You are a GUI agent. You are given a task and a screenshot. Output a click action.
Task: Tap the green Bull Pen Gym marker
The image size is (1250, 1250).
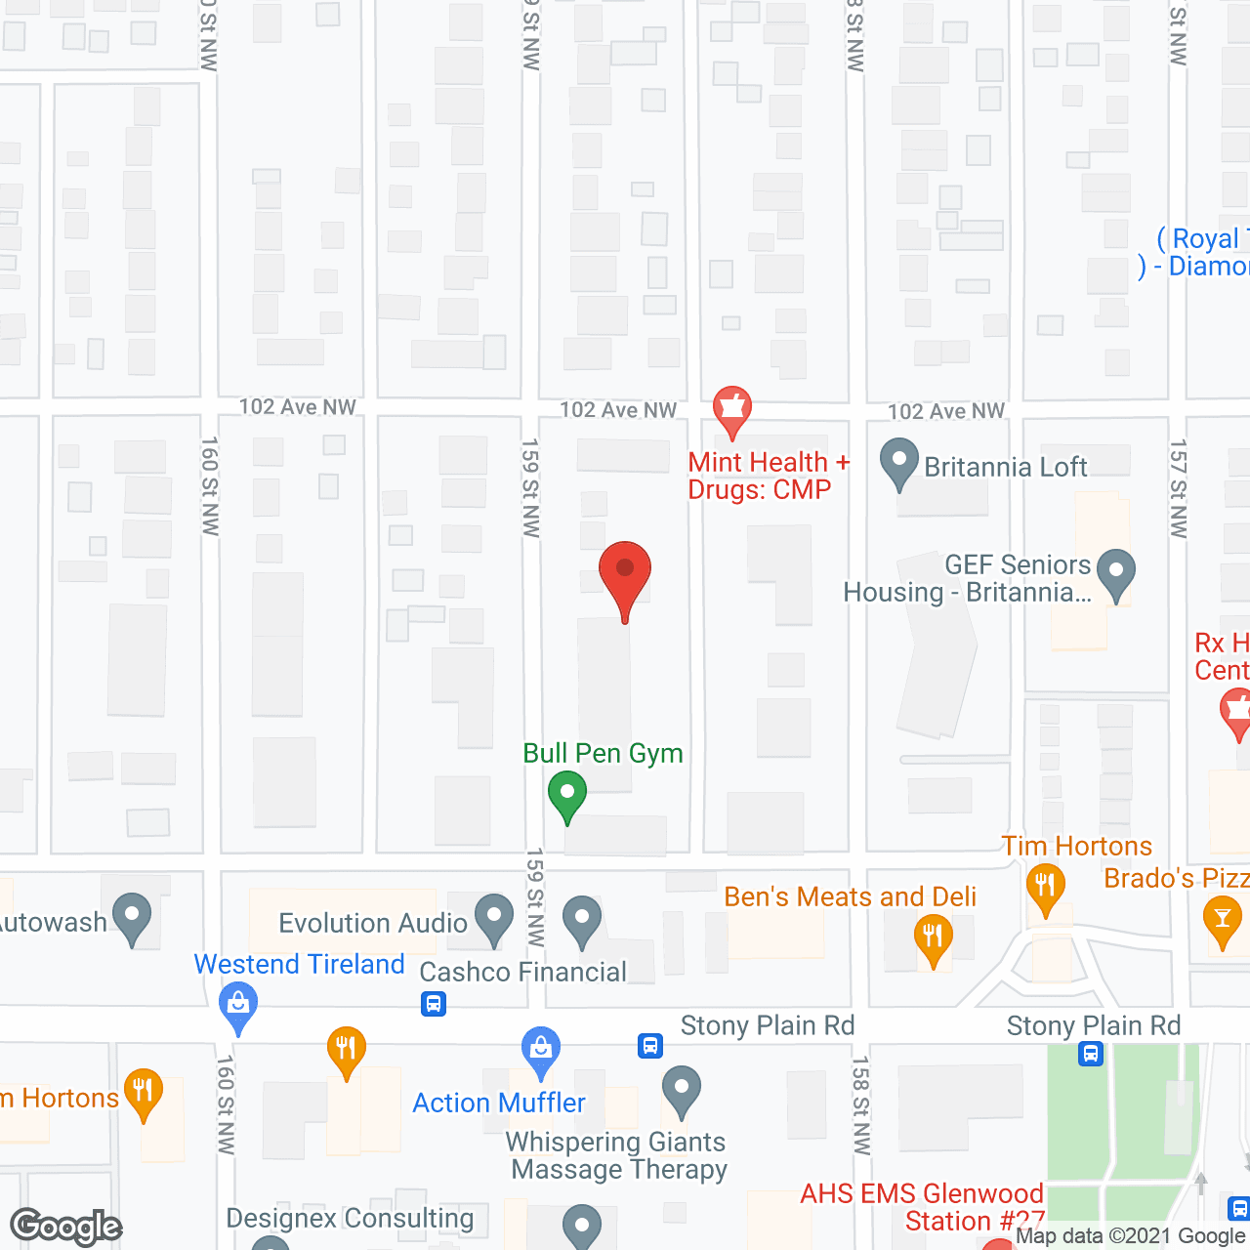click(566, 794)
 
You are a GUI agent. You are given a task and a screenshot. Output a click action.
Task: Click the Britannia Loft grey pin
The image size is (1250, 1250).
click(898, 463)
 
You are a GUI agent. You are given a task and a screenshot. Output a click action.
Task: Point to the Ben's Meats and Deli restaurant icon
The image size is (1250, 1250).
click(933, 938)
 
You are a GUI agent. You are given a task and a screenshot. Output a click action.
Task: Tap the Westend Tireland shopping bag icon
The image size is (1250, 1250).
click(238, 1005)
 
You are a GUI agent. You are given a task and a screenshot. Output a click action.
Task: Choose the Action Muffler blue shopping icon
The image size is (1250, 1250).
click(540, 1051)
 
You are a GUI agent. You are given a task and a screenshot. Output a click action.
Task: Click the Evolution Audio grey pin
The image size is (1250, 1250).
click(494, 919)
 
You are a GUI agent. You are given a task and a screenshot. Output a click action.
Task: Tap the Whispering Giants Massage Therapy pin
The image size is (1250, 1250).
click(682, 1090)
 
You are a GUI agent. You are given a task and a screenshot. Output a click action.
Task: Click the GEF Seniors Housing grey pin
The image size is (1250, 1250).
click(1116, 573)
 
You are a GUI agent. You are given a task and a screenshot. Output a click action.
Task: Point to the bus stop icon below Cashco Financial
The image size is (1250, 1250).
click(434, 1004)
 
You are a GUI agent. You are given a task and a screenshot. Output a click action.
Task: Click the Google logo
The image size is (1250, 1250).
click(66, 1227)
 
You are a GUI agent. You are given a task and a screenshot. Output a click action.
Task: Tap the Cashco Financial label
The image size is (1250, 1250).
click(522, 972)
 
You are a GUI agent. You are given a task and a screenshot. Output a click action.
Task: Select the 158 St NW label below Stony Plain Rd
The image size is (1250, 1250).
click(860, 1104)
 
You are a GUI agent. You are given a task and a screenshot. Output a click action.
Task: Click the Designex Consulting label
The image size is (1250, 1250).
click(350, 1219)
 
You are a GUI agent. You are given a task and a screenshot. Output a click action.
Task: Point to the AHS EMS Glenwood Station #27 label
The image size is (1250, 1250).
click(921, 1207)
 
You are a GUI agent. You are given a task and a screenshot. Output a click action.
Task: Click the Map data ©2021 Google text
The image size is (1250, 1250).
click(1131, 1236)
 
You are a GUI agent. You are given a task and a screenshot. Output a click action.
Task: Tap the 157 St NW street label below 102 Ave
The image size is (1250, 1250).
click(1179, 488)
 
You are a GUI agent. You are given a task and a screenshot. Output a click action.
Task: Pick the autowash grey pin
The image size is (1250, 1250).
click(132, 918)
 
